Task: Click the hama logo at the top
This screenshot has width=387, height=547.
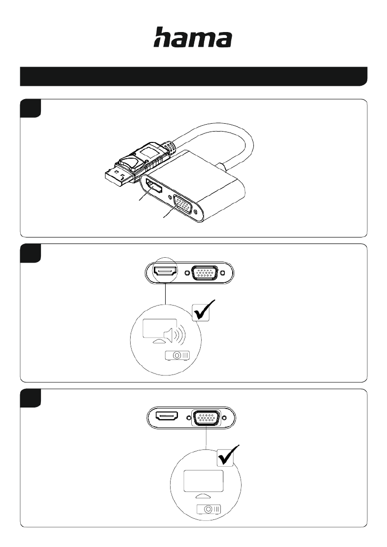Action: point(193,37)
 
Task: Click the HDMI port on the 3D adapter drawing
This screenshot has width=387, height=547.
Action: point(153,187)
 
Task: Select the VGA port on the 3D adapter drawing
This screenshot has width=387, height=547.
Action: point(182,205)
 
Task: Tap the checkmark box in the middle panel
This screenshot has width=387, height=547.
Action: point(201,311)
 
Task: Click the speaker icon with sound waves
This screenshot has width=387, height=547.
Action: point(174,335)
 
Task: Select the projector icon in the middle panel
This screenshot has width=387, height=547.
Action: point(177,355)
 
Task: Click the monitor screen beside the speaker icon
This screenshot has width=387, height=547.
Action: point(159,328)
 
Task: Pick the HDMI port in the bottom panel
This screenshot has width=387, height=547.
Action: point(167,416)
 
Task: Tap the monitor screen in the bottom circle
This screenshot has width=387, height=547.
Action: point(204,480)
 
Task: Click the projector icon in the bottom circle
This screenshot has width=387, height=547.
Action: point(209,509)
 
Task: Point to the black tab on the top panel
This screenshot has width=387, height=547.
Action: point(31,108)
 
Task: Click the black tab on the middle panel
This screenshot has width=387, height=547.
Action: point(31,253)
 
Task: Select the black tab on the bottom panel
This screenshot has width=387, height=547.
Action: point(31,398)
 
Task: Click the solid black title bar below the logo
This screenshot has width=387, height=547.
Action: point(194,76)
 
